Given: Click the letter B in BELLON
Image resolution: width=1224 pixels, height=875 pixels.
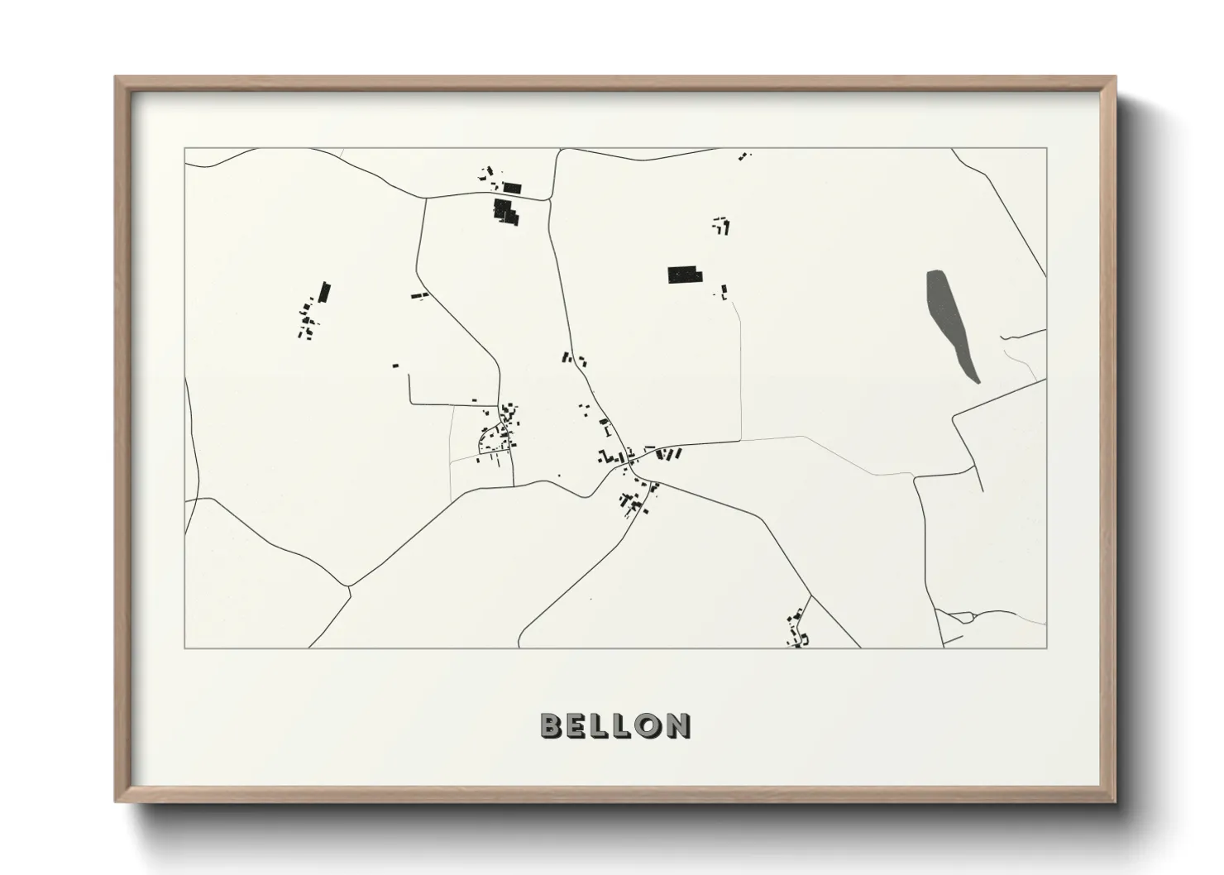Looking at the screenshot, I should [552, 725].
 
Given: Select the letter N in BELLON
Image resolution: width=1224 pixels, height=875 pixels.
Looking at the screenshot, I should [678, 725].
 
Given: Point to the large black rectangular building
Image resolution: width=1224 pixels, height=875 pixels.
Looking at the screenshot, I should [683, 275].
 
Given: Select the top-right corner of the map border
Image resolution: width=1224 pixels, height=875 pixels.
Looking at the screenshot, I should [1047, 148].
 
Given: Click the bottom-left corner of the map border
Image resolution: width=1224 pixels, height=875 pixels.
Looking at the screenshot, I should [184, 648].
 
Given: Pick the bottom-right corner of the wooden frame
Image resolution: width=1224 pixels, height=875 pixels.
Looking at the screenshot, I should [1115, 801].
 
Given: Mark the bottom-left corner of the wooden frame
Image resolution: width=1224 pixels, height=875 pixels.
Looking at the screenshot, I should [116, 801].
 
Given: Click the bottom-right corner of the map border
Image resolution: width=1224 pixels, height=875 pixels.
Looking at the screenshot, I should [1047, 648].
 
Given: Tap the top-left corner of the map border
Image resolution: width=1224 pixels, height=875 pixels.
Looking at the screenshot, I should [184, 148].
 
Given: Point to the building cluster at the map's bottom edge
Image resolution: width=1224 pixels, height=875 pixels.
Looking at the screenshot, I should [798, 630].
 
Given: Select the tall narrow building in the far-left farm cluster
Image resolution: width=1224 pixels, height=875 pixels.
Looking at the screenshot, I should [324, 292].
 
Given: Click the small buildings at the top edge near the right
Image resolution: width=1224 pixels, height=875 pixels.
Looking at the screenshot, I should [744, 155].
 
